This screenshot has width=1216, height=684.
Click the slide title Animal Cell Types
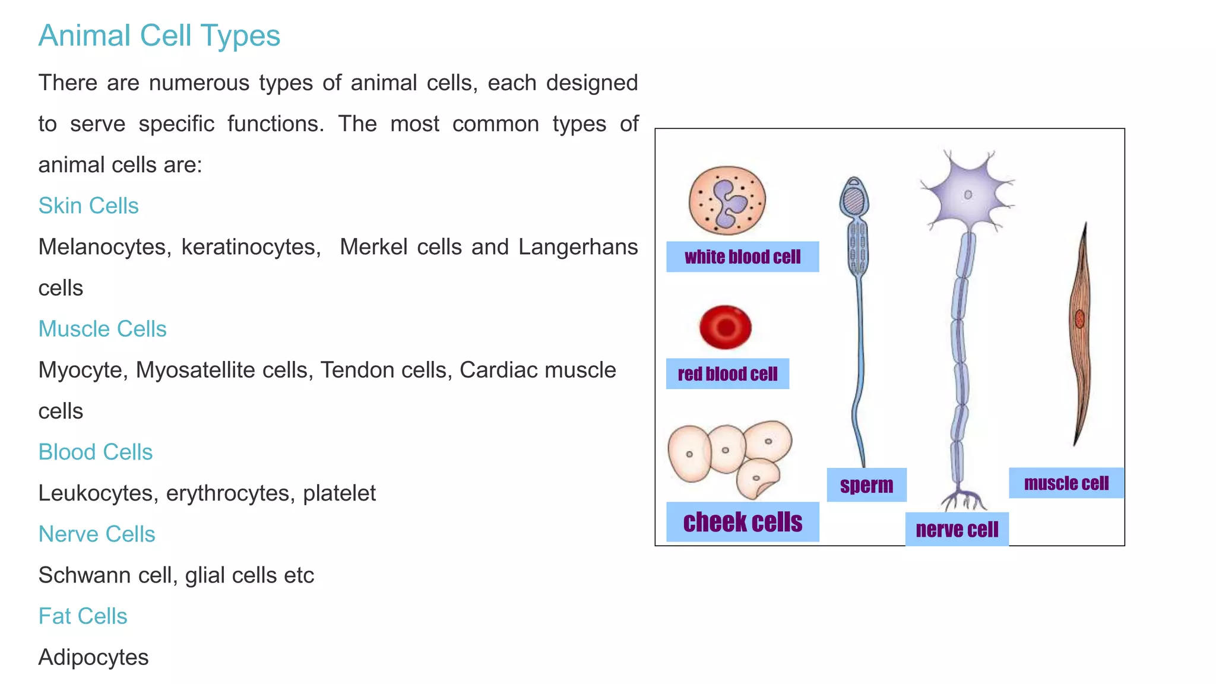coord(159,36)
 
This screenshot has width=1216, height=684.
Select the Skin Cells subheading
coord(88,206)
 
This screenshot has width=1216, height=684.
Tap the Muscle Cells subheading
coord(102,329)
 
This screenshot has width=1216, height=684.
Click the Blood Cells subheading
coord(96,452)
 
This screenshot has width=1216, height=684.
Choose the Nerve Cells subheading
coord(97,534)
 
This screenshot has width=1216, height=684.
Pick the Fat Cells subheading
coord(83,616)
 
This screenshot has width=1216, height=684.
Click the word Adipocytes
coord(93,657)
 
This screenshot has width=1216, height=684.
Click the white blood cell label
coord(742,257)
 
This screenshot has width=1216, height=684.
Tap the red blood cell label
coord(727,374)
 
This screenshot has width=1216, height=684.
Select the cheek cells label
coord(742,522)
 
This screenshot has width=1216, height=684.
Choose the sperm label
coord(866,486)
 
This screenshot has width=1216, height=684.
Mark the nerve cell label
coord(957,530)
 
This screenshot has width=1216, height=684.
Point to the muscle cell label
coord(1066,483)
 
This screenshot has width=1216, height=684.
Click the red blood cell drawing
coord(726,327)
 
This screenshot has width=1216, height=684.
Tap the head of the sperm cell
coord(854,198)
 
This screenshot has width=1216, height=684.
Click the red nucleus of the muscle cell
coord(1080,319)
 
